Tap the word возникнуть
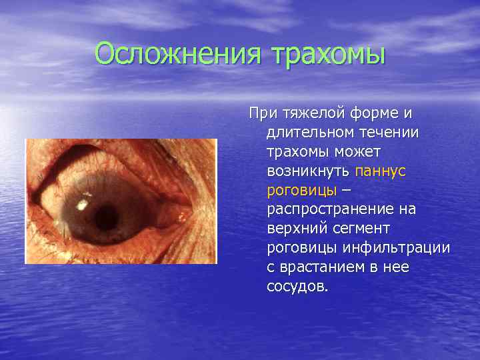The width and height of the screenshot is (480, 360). pos(308,171)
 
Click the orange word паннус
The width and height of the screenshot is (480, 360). pos(381,171)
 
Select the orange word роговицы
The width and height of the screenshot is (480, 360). pos(301,190)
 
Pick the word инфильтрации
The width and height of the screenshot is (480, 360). pos(397,248)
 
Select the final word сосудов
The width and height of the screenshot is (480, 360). pos(297,287)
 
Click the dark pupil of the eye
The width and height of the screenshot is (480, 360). pos(107,215)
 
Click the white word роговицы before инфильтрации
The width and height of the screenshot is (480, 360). pos(301,248)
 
